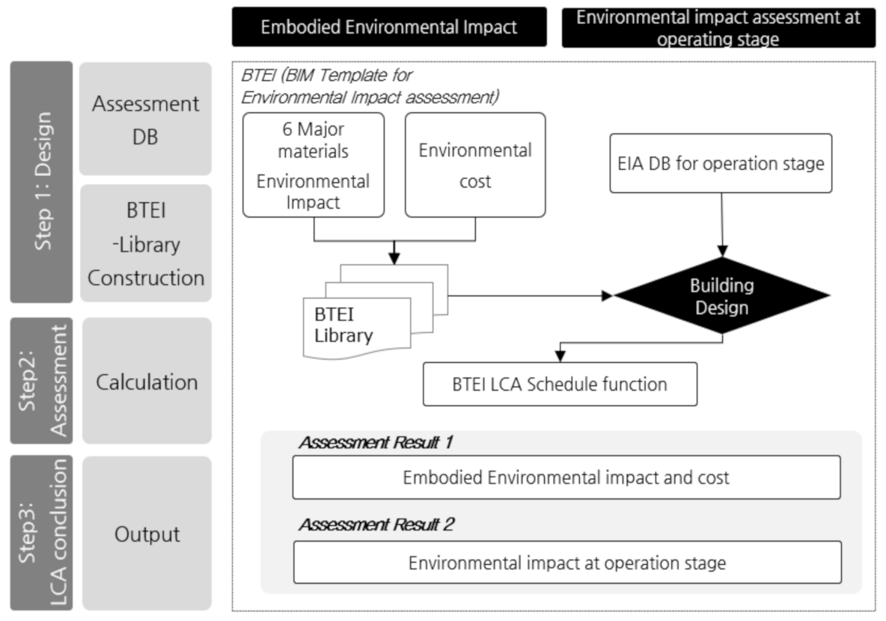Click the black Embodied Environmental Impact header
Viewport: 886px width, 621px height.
(388, 28)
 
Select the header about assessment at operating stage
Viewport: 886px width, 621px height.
(718, 28)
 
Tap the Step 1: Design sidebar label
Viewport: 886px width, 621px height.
(41, 182)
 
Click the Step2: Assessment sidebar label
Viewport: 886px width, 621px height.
(41, 380)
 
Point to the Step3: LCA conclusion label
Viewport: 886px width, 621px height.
(41, 533)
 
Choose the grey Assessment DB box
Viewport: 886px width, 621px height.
(145, 120)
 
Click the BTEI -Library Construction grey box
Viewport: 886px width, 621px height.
(145, 243)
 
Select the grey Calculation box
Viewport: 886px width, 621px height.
(145, 382)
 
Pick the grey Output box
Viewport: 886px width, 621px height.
(145, 534)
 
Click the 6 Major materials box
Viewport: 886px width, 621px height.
(314, 165)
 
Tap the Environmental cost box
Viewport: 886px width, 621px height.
(474, 165)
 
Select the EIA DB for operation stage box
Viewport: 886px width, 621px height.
(721, 163)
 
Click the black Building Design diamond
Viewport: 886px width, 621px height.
(721, 296)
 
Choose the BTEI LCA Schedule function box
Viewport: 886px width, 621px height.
(560, 385)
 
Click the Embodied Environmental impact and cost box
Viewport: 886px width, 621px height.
(566, 477)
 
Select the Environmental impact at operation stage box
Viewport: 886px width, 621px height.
(566, 562)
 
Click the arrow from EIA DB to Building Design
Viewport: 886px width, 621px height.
(721, 224)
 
